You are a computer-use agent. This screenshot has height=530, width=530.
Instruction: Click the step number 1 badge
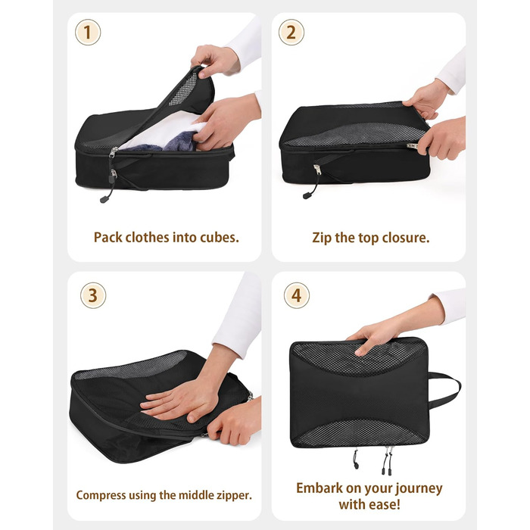click(88, 33)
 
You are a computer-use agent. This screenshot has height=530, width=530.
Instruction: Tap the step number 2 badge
click(291, 33)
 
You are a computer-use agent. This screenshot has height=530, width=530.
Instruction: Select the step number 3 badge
click(93, 295)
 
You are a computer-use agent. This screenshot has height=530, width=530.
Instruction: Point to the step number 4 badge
click(297, 295)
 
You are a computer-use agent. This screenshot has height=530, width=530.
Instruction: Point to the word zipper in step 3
click(235, 495)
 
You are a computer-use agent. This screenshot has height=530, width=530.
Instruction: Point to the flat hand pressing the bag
click(176, 404)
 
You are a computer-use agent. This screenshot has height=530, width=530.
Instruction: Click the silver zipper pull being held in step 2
click(413, 145)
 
